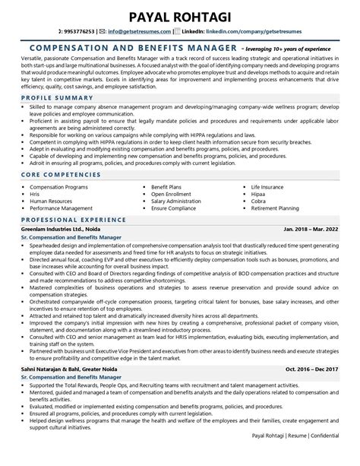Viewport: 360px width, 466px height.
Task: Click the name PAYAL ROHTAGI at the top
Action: click(x=180, y=15)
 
